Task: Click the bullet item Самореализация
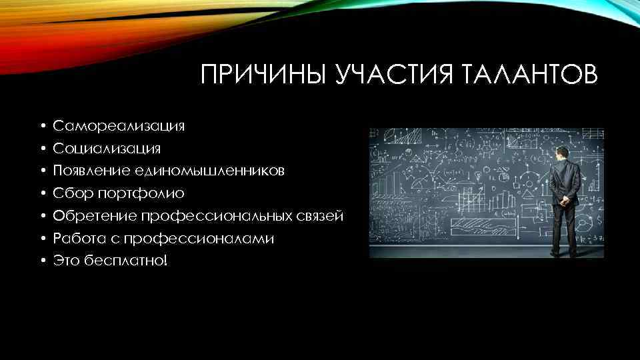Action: tap(120, 125)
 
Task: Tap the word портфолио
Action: tap(141, 193)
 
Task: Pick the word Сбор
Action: tap(72, 193)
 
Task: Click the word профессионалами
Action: tap(218, 238)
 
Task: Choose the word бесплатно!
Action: tap(127, 261)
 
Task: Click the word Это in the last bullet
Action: tap(67, 261)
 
